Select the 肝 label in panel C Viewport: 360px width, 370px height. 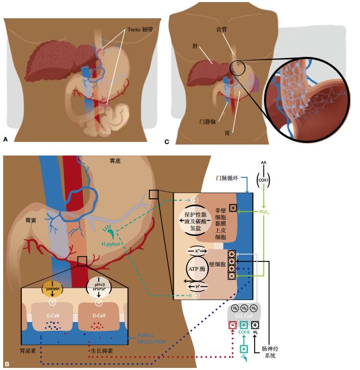(194, 46)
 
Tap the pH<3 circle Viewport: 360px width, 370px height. (98, 287)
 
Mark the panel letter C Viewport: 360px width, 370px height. (167, 141)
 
